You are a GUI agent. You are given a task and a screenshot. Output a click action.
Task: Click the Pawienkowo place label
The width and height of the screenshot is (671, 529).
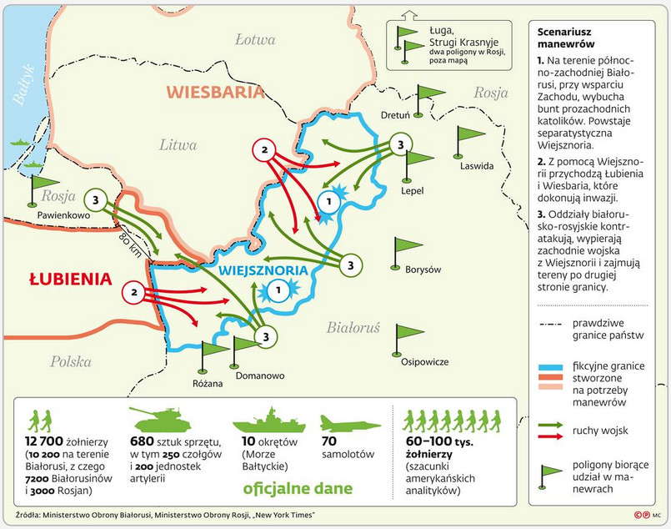click(62, 214)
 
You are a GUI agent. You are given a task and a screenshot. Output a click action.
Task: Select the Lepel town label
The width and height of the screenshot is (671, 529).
click(412, 190)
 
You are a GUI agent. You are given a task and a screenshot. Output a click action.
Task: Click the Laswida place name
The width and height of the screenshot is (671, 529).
click(477, 165)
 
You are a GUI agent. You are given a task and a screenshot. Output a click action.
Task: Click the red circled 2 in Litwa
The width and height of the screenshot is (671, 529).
click(264, 151)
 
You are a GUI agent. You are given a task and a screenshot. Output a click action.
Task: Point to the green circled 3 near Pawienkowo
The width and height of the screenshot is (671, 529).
click(96, 200)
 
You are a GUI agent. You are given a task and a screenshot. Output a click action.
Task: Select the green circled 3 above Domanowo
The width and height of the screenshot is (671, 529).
click(265, 336)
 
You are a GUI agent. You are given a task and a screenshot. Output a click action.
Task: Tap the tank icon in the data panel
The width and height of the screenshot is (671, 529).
click(163, 419)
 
